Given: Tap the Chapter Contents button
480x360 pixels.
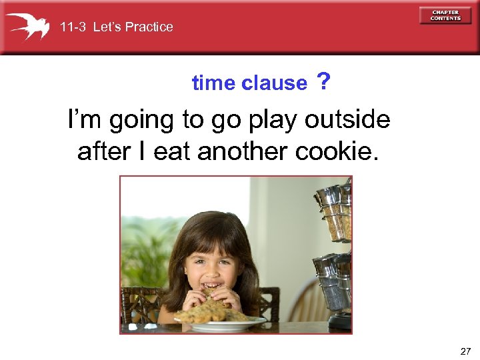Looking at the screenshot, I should [445, 15].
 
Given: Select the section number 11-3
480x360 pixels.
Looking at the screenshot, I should [73, 27].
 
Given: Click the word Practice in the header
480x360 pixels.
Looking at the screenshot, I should [149, 27].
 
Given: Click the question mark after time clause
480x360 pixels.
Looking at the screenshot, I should [323, 82].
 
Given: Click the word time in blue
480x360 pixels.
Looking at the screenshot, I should [213, 83].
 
